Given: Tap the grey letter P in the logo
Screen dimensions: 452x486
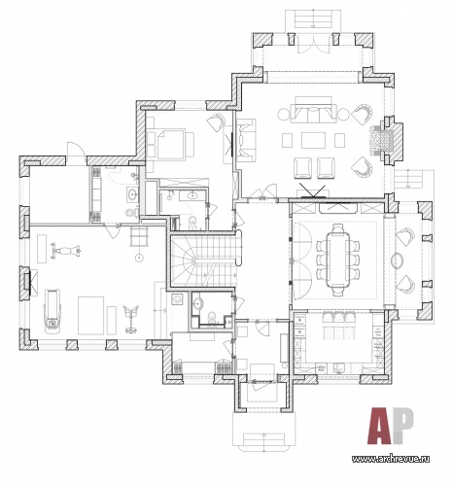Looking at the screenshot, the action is coord(402,425).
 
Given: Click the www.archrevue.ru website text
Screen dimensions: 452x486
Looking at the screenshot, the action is coord(391,459).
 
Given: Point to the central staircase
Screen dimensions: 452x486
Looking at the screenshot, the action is coord(203,260).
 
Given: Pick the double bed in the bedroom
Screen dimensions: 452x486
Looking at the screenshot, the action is coord(171,145).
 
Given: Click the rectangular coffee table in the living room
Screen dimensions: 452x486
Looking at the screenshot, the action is coord(313,140).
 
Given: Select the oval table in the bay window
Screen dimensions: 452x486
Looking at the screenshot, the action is coord(398,260).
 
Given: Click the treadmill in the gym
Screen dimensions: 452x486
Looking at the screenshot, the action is coord(52,309).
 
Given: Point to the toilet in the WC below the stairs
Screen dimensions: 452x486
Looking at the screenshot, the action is coord(212,317).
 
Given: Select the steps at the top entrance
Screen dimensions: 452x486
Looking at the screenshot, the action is coord(313,18).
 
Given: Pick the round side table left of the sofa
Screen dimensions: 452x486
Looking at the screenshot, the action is coord(284,114).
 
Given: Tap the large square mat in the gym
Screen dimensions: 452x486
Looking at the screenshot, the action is coord(90,315).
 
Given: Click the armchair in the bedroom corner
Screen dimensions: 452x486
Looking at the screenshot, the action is coord(216,121).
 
